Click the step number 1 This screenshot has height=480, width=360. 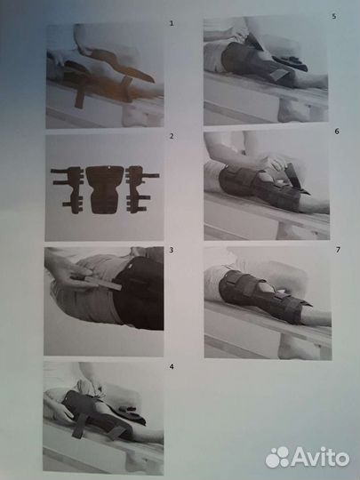tap(172, 23)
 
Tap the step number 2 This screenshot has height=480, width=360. tap(172, 136)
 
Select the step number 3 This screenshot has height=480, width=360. tap(172, 250)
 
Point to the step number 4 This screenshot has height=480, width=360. tap(172, 366)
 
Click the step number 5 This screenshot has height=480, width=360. tap(334, 17)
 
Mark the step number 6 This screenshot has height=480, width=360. tap(337, 132)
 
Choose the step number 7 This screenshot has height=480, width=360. tap(338, 250)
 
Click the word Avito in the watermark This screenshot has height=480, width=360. tap(320, 459)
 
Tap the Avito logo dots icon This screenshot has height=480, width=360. tap(277, 458)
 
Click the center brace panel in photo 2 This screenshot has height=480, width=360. tap(105, 189)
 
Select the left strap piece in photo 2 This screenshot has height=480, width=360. tap(68, 190)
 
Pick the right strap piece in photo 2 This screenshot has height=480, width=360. tap(141, 189)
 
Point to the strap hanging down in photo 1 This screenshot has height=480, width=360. tap(79, 98)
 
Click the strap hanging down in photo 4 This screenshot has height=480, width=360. tap(79, 425)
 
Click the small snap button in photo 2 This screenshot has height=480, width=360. tap(109, 167)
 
